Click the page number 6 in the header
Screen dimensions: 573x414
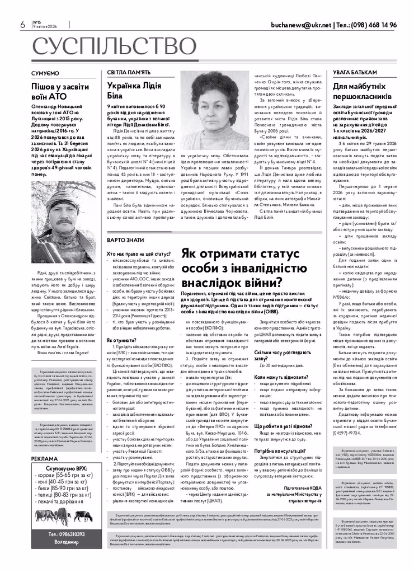22,25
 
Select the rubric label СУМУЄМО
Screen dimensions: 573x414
45,73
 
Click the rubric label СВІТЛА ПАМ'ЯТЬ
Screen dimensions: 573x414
129,73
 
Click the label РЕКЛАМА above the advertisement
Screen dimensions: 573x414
44,459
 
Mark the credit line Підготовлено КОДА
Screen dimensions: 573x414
303,488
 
